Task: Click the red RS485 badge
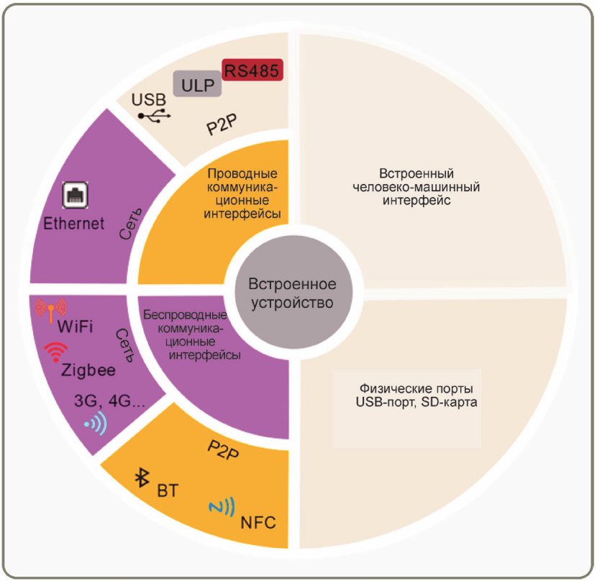click(x=251, y=70)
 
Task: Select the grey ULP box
click(x=197, y=85)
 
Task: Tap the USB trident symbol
click(x=155, y=115)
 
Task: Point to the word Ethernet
click(x=74, y=223)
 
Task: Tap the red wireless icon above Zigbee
click(x=55, y=351)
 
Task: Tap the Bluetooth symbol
click(x=142, y=477)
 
